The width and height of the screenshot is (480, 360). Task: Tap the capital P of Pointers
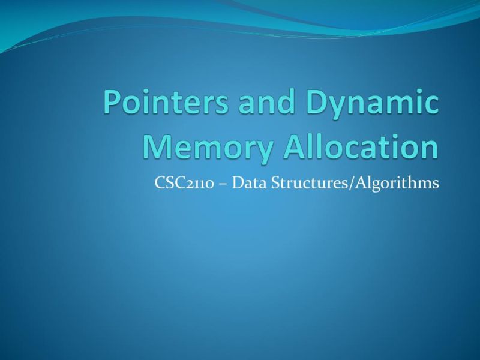112,103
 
